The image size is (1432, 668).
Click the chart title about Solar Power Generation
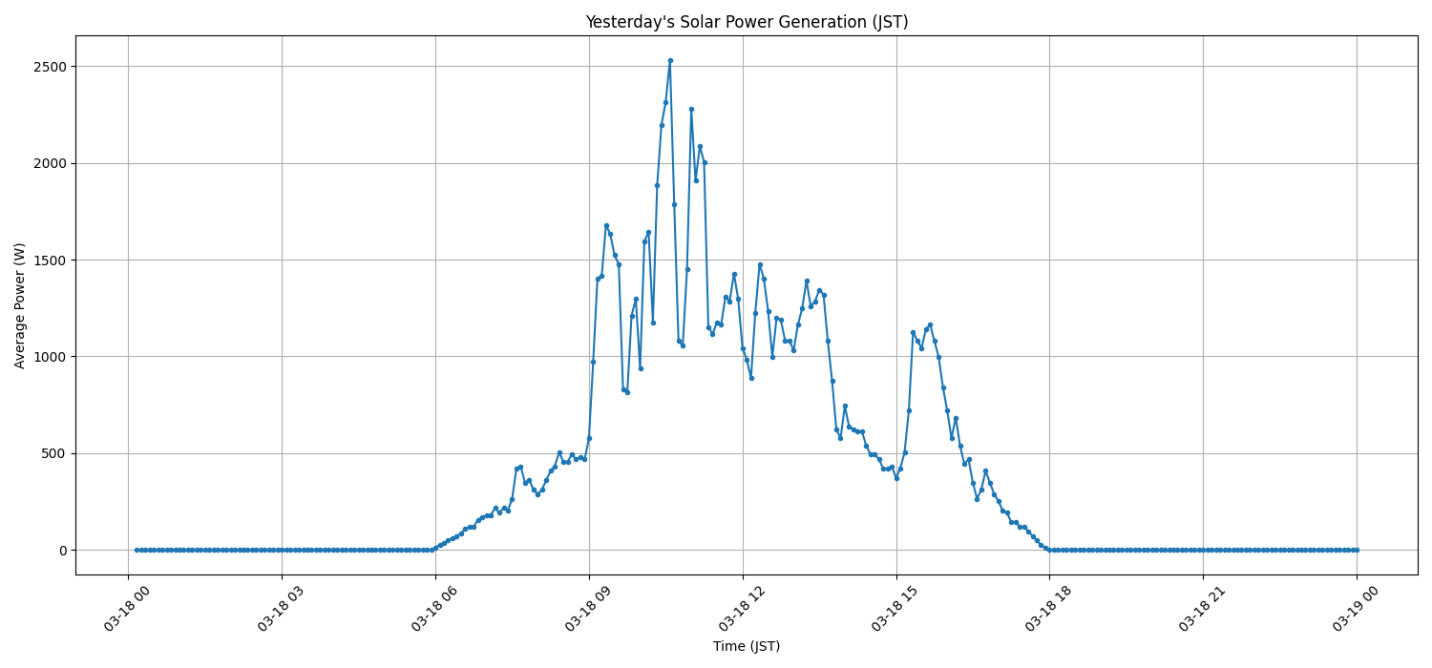coord(746,22)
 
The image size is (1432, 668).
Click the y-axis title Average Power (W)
coord(20,305)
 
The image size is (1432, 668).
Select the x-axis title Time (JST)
coord(746,646)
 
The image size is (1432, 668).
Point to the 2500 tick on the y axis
coord(48,67)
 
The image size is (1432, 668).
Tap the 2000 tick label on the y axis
coord(48,163)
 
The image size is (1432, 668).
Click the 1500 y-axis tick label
coord(48,261)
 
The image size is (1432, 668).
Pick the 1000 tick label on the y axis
coord(48,357)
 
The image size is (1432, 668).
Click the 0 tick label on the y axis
coord(62,551)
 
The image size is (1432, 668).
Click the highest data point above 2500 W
coord(670,60)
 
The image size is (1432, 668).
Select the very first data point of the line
coord(137,550)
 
